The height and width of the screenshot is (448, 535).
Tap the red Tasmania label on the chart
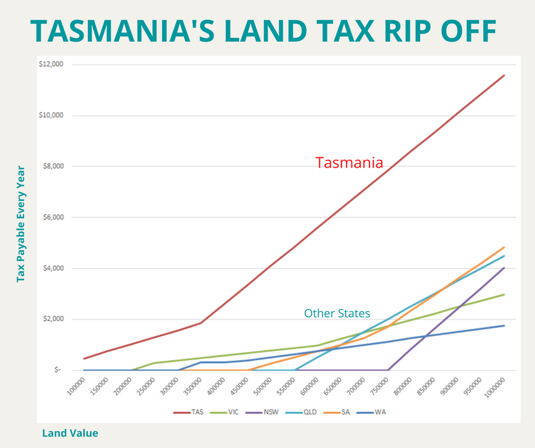point(349,163)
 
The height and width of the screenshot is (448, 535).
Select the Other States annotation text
point(337,313)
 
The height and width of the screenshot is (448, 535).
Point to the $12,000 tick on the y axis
point(51,65)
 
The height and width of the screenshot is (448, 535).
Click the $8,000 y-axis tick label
point(53,166)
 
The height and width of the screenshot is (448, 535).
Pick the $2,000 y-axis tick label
point(53,319)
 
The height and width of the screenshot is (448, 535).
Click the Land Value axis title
point(70,434)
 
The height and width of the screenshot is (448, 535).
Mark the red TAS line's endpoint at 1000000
point(505,75)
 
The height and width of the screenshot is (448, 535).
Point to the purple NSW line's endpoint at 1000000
point(505,268)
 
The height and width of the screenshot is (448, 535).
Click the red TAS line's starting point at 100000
point(84,359)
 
